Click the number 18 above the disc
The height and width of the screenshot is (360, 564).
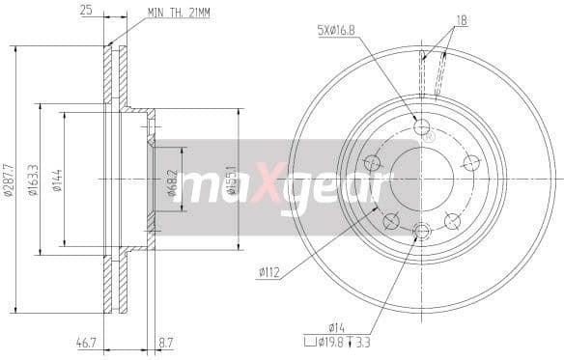(461, 19)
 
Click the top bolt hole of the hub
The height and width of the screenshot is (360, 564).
(421, 126)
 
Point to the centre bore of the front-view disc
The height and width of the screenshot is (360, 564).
(421, 179)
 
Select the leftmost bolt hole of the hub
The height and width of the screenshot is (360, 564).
(371, 163)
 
